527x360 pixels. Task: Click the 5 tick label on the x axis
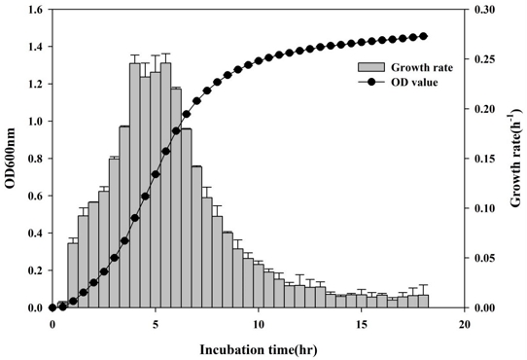156,322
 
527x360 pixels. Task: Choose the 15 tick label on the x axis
362,322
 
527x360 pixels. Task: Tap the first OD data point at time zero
53,307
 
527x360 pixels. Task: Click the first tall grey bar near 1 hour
73,275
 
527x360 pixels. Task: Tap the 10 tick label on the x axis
259,322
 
